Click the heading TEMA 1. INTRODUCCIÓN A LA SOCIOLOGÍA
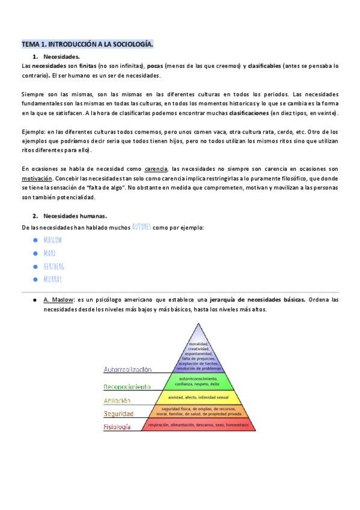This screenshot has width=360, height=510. pyautogui.click(x=88, y=45)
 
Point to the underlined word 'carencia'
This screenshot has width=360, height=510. pyautogui.click(x=156, y=169)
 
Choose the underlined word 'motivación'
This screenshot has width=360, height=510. pyautogui.click(x=37, y=179)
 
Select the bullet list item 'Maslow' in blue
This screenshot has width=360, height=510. pyautogui.click(x=53, y=239)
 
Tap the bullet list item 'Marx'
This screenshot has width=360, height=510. pyautogui.click(x=50, y=253)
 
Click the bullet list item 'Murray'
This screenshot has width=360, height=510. pyautogui.click(x=53, y=279)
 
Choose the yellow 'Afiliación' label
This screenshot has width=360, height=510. pyautogui.click(x=117, y=401)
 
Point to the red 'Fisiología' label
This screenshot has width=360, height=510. pyautogui.click(x=117, y=427)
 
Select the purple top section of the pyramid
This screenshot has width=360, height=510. pyautogui.click(x=197, y=349)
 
